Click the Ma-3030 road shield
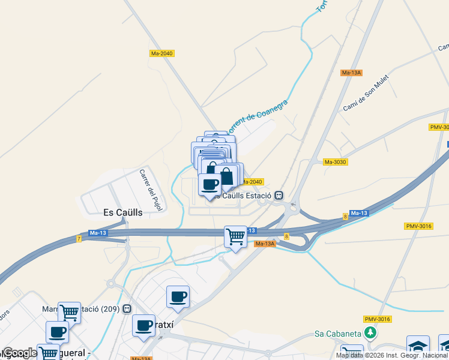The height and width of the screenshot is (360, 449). (x=336, y=162)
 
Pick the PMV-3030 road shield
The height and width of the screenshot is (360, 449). (x=439, y=127)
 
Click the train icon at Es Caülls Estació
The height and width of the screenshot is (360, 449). (x=279, y=196)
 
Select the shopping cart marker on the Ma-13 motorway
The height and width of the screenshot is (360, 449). (x=236, y=237)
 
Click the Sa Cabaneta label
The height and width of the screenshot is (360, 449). (x=340, y=334)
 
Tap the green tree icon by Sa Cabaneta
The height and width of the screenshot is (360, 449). (x=372, y=332)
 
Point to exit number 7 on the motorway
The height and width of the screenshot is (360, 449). (x=79, y=239)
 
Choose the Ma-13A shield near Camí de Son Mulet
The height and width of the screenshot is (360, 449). (x=351, y=73)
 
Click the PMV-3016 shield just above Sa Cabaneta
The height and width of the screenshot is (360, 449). (x=378, y=319)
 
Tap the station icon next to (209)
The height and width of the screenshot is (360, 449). (x=126, y=309)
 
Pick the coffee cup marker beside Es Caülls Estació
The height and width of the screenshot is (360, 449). (x=209, y=185)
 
